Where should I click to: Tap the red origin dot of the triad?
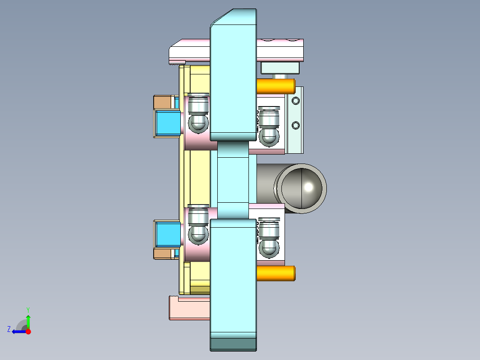pyautogui.click(x=28, y=331)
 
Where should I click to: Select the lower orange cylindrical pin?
pyautogui.click(x=276, y=273)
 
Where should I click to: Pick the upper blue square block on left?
pyautogui.click(x=167, y=124)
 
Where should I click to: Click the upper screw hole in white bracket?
pyautogui.click(x=294, y=101)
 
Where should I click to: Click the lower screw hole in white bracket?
pyautogui.click(x=294, y=124)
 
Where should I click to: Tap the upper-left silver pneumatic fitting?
pyautogui.click(x=198, y=113)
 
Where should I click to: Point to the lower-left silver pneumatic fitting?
pyautogui.click(x=198, y=225)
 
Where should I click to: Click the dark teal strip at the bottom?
pyautogui.click(x=233, y=344)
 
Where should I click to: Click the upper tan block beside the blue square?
pyautogui.click(x=163, y=102)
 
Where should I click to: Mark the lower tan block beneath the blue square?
pyautogui.click(x=163, y=254)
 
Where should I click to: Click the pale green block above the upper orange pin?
pyautogui.click(x=280, y=68)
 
